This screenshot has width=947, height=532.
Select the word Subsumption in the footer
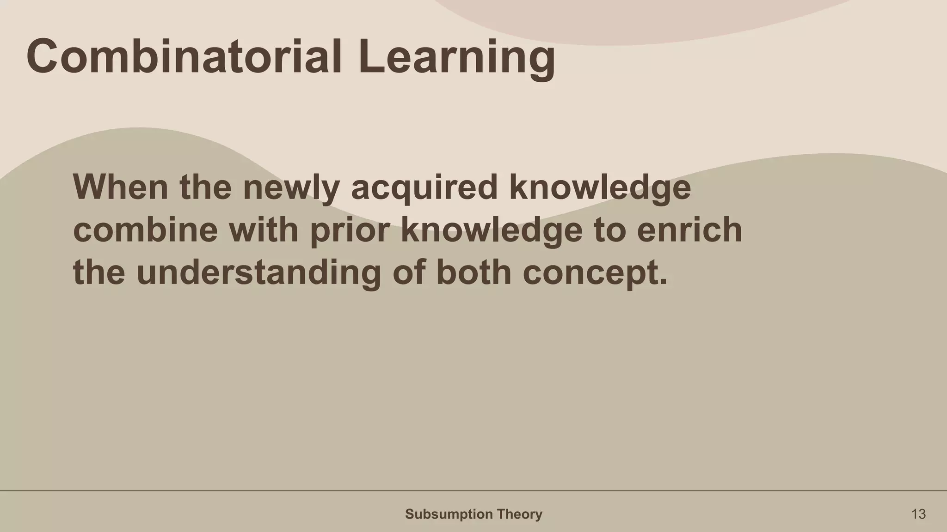pos(443,514)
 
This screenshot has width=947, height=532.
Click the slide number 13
pos(918,514)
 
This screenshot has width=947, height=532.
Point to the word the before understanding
pos(99,272)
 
